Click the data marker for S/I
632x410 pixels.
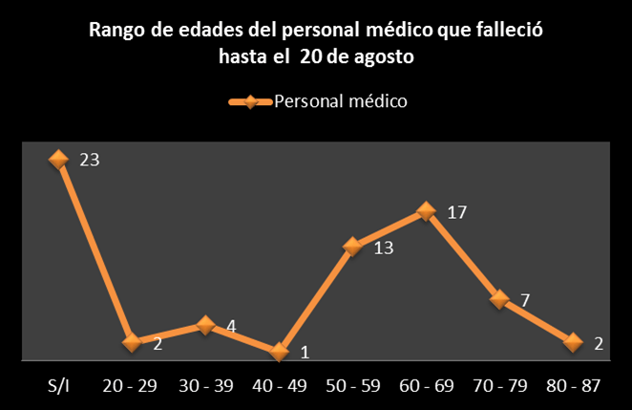click(58, 160)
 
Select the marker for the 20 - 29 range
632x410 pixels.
click(132, 342)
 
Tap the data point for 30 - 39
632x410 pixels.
click(205, 325)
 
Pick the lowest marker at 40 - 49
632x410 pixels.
click(279, 352)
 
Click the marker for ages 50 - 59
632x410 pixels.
click(352, 247)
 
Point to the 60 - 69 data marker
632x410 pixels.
click(426, 212)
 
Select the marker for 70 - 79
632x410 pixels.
click(499, 299)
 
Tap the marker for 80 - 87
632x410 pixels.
click(573, 342)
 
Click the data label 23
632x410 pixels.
click(89, 161)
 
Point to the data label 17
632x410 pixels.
click(456, 212)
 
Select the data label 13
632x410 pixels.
click(383, 248)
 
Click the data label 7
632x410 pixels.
click(525, 300)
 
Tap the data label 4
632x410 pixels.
click(231, 326)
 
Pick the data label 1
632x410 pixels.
click(305, 353)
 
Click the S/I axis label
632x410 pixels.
click(58, 387)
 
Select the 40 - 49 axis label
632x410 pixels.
click(279, 387)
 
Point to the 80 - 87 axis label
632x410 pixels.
click(573, 387)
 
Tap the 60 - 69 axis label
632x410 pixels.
click(426, 387)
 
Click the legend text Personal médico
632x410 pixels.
click(341, 101)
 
